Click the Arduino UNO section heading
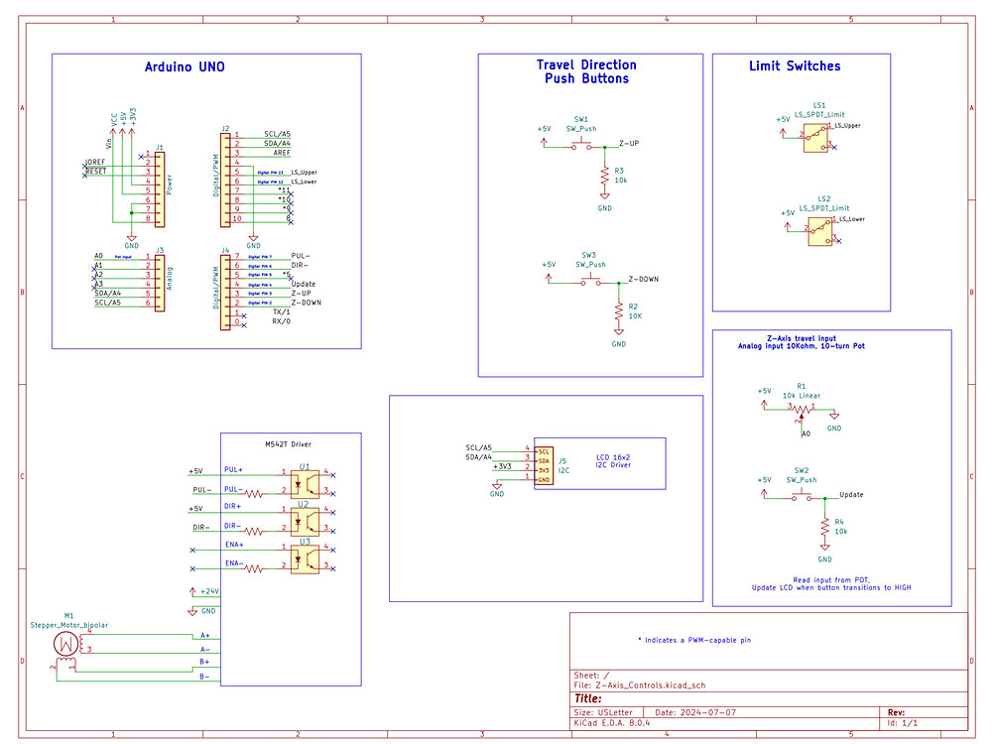tap(185, 67)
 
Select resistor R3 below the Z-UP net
tap(604, 176)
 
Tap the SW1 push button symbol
tap(581, 146)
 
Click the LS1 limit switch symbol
tap(815, 137)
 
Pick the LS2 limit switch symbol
tap(819, 231)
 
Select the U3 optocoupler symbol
tap(305, 558)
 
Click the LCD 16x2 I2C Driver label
tap(613, 461)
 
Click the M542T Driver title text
tap(289, 443)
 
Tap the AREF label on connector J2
tap(282, 154)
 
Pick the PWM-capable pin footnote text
tap(693, 641)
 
